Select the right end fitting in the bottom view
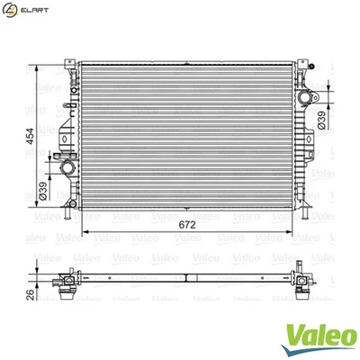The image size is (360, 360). pos(301,282)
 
